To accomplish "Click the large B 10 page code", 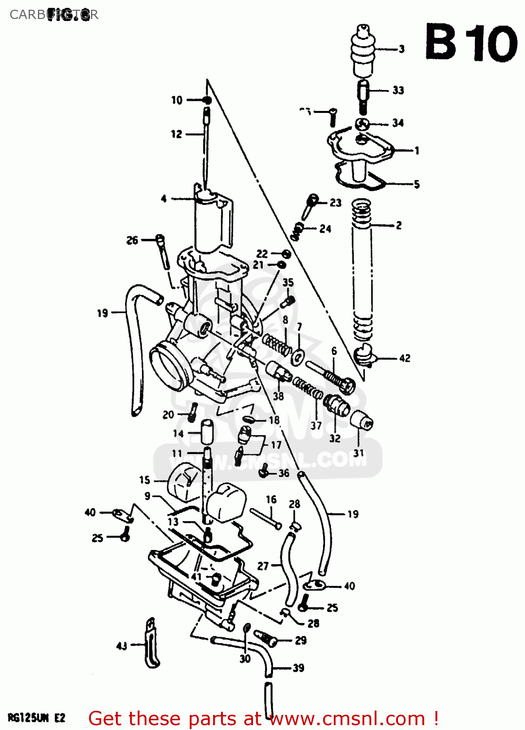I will [x=471, y=43].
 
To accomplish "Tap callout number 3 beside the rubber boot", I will [x=401, y=49].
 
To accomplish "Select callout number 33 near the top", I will [x=398, y=90].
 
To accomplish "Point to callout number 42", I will [x=404, y=358].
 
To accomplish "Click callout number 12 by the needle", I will [x=176, y=134].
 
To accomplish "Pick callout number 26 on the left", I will [x=132, y=240].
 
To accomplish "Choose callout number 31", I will [x=359, y=453].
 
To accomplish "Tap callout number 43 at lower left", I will [x=122, y=646].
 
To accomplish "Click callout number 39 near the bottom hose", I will [x=298, y=668].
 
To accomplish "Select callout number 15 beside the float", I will [x=145, y=480].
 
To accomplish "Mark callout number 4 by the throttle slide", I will [x=164, y=199].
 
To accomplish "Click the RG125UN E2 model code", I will [x=36, y=718].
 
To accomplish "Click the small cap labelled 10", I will [x=207, y=100].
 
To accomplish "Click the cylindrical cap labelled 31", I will [x=362, y=420].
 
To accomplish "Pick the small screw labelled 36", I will [x=264, y=471].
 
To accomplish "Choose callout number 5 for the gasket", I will [x=416, y=184].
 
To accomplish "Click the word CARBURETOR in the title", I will [x=54, y=15].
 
